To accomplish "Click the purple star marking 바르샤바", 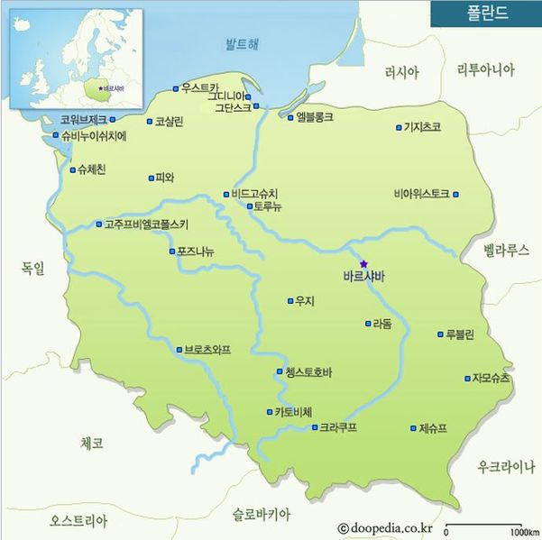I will [x=364, y=264].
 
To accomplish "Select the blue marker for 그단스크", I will [x=257, y=106].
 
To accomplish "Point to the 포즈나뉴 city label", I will [x=196, y=251].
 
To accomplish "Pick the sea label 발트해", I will [x=242, y=44].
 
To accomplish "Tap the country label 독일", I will [x=32, y=267].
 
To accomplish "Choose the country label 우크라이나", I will [x=507, y=466].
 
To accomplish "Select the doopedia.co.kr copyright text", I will [x=386, y=528].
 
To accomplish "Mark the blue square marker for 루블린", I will [x=440, y=334].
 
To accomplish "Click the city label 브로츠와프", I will [x=207, y=349].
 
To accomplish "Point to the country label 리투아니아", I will [x=486, y=69].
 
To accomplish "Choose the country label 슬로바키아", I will [x=262, y=515].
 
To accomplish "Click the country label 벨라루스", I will [x=506, y=250].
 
